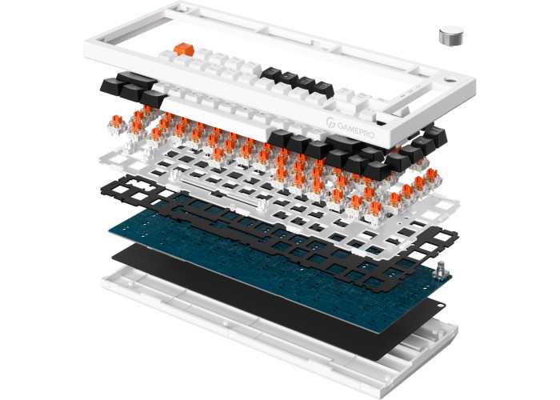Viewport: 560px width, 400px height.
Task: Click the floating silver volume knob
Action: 450,36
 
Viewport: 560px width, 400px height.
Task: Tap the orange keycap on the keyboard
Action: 184,50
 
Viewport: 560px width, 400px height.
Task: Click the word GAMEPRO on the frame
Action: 356,130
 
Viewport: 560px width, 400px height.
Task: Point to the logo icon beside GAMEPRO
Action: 330,122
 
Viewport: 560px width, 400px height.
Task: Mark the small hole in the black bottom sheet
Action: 442,306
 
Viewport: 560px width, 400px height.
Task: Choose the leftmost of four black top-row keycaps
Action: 271,73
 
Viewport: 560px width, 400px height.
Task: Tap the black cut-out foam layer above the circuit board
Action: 278,232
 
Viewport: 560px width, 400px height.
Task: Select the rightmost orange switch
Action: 432,176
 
